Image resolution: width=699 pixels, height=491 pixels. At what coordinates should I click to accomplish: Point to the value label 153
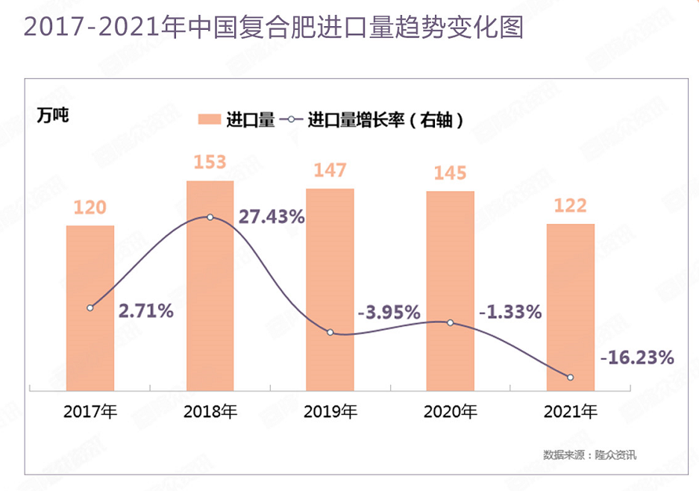210,163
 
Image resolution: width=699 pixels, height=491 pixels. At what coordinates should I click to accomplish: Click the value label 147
330,170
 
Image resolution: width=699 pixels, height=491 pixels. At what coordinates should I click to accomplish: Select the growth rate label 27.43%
272,217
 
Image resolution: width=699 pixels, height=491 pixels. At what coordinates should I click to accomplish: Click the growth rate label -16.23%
637,358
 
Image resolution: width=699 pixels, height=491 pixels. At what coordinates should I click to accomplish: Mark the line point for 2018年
210,217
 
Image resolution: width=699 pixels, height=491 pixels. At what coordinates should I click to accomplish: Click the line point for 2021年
571,378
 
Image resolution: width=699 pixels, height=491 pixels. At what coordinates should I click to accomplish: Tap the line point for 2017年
90,307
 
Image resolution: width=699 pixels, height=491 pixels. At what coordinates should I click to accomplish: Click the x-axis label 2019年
330,411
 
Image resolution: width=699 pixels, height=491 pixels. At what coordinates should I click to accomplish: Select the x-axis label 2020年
451,411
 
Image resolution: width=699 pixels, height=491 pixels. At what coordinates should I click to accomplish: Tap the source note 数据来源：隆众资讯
589,454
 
